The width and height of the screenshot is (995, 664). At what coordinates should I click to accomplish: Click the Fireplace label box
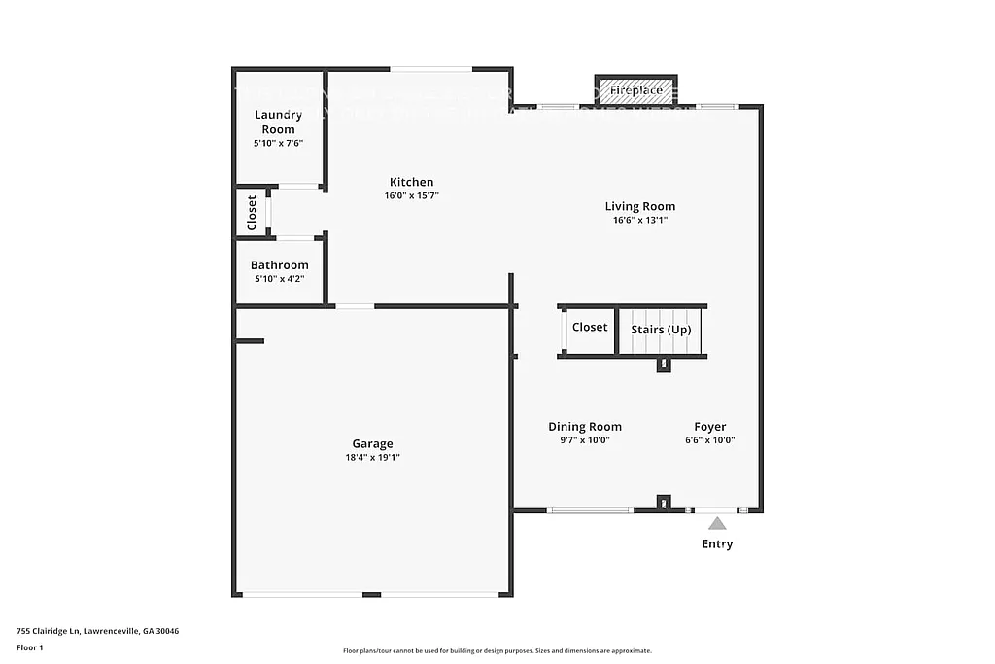pos(635,91)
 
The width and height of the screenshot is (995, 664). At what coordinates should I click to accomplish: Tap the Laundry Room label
pos(278,122)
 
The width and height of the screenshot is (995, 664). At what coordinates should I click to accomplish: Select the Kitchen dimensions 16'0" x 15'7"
pos(411,195)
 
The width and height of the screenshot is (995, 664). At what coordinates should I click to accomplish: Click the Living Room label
pos(639,206)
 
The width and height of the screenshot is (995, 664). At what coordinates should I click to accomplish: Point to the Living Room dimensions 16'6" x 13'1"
pos(639,220)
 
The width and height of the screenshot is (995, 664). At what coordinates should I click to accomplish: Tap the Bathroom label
pos(279,265)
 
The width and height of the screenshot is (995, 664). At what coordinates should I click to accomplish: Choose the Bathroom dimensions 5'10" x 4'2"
pos(279,279)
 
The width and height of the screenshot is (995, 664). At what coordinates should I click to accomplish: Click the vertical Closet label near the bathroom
pos(252,211)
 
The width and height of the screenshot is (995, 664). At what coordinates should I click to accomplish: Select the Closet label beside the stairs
pos(589,328)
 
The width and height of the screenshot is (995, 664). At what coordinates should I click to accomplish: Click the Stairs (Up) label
pos(661,330)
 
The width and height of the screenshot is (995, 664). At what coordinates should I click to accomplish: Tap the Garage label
pos(372,444)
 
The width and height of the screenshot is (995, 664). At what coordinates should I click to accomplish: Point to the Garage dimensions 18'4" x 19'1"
pos(372,457)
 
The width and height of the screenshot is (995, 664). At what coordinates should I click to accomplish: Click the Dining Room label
pos(584,427)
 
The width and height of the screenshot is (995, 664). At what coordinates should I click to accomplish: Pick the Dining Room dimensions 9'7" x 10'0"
pos(584,439)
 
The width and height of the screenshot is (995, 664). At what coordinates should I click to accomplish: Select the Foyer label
pos(709,427)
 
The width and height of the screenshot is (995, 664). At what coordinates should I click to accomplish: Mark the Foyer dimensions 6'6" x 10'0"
pos(709,439)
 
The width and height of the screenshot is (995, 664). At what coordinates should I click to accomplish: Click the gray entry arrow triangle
pos(716,523)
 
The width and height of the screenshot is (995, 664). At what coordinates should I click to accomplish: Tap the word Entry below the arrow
pos(717,544)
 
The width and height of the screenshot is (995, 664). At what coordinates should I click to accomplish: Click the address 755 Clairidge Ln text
pos(97,631)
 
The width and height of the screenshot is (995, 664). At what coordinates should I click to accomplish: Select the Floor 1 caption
pos(30,647)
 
